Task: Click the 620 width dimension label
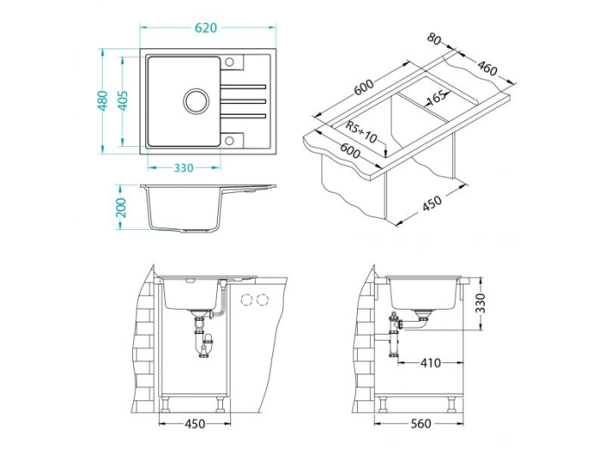pos(206,29)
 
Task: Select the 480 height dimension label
pos(103,101)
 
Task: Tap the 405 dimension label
pos(123,101)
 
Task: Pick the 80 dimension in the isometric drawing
pos(434,40)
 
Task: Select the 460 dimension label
pos(487,66)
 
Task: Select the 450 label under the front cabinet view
pos(196,424)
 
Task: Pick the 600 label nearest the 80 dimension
pos(361,87)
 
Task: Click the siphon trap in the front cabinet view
pos(206,341)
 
